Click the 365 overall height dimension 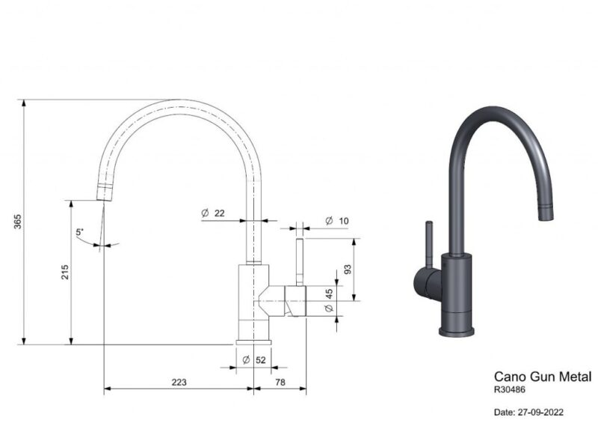17,222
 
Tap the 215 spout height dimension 65,272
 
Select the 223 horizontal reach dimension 179,382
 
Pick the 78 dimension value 280,382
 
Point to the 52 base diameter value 260,360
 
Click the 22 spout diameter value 219,213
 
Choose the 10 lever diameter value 344,221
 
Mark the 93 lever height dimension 348,270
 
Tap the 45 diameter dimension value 329,293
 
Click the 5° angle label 79,231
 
